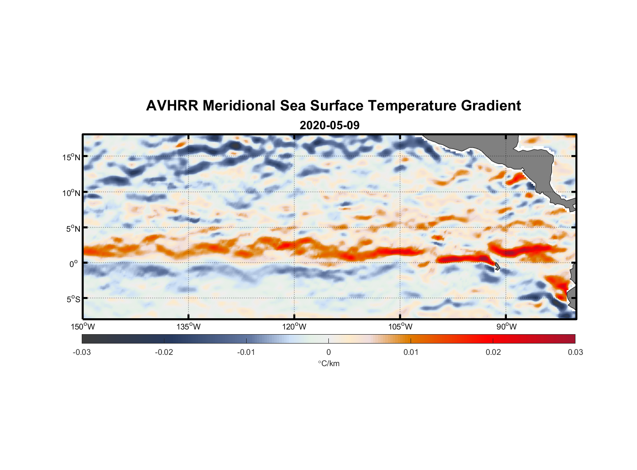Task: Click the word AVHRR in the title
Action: (172, 106)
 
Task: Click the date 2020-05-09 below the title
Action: (329, 125)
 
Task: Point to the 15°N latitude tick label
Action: (71, 157)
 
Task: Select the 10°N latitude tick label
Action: (71, 193)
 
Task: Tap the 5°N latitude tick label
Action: (73, 228)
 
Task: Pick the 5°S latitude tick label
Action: (73, 299)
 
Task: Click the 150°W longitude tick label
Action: (83, 327)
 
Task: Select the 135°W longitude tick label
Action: (189, 327)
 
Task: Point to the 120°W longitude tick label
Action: (295, 327)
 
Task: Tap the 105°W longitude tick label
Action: (400, 327)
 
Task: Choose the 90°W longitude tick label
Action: (506, 327)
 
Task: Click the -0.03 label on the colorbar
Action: (82, 352)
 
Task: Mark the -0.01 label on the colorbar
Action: (246, 352)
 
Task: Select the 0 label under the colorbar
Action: (328, 352)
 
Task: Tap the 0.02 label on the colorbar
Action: (493, 352)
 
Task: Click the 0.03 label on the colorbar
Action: (575, 352)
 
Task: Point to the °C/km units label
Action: (328, 363)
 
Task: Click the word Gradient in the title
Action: (491, 106)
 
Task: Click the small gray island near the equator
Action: (497, 266)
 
